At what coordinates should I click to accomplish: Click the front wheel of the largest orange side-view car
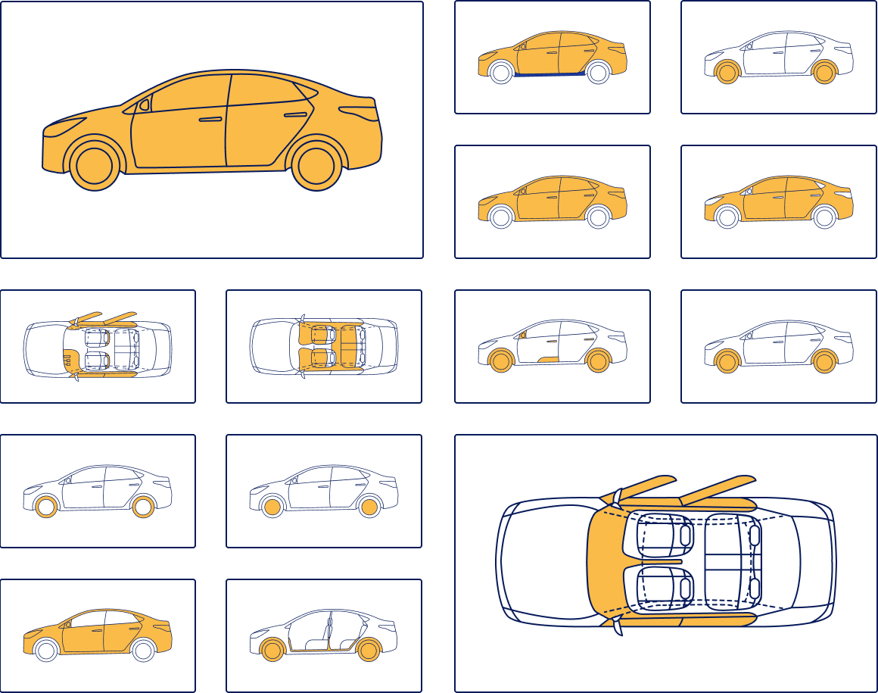click(95, 167)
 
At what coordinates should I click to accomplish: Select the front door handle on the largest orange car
click(210, 120)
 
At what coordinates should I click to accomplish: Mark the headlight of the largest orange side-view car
click(67, 123)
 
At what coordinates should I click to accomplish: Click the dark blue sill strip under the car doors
click(549, 76)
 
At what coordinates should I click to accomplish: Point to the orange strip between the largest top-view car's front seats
click(666, 562)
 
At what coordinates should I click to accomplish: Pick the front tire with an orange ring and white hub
click(46, 507)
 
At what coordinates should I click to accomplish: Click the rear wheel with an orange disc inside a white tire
click(369, 507)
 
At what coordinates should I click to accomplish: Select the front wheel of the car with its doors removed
click(272, 650)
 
